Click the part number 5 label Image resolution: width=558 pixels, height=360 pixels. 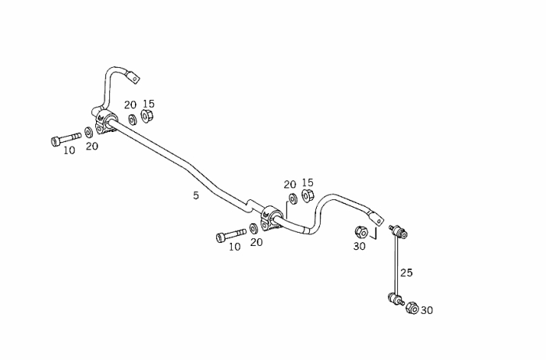(x=196, y=195)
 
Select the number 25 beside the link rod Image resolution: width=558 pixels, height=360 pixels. (x=407, y=273)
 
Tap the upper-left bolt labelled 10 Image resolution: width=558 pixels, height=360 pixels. (x=66, y=139)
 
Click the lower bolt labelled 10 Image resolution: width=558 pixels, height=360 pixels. (x=231, y=235)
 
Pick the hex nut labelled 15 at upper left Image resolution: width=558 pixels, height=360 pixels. (x=147, y=116)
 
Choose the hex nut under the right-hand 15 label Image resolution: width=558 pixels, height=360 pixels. (x=307, y=196)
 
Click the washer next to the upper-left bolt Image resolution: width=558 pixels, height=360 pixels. (x=88, y=133)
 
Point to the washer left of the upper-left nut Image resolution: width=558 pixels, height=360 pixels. (x=132, y=119)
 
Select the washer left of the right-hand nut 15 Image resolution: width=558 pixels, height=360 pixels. (x=293, y=198)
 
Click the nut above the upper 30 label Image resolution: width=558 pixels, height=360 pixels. (x=361, y=232)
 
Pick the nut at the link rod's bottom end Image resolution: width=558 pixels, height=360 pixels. (x=412, y=308)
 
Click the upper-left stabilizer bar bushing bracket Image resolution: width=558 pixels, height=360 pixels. (x=105, y=122)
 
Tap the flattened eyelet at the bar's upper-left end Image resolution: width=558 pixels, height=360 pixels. (x=133, y=77)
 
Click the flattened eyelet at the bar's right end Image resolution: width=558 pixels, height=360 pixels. (x=376, y=219)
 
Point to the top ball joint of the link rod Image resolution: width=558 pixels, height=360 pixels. (x=398, y=230)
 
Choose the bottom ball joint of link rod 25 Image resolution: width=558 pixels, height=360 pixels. (x=395, y=299)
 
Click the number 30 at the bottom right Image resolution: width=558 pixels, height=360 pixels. (x=427, y=311)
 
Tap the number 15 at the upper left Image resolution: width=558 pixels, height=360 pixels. (x=149, y=104)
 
